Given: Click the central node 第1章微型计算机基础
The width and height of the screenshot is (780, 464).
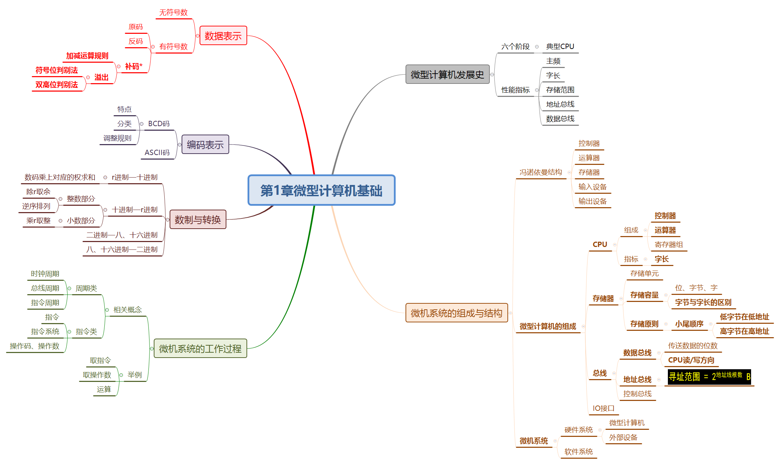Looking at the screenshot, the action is coord(321,190).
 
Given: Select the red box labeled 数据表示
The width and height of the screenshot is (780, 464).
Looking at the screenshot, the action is coord(223,36).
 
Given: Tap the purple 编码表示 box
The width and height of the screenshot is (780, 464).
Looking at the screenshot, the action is coord(205,144).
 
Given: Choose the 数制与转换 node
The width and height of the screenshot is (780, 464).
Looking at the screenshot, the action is coord(198,219).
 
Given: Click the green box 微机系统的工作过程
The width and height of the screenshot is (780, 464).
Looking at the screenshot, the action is coord(200,348).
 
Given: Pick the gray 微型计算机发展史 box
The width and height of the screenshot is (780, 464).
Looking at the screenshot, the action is coord(447,74).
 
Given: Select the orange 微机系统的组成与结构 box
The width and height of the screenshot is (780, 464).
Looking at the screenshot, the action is coord(456,313).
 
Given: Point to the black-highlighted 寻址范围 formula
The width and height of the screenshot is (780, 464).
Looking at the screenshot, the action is coord(709,377).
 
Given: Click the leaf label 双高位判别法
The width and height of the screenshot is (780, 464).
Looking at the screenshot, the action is coord(57,85).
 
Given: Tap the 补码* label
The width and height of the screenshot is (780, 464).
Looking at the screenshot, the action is coord(134,66).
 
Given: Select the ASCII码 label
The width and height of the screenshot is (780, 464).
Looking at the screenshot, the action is coord(157,152).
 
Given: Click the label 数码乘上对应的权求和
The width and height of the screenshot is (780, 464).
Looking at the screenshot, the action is coord(60,177).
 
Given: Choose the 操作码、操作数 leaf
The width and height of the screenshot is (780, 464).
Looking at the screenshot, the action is coord(35,346).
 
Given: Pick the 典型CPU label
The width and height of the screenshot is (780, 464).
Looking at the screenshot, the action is coord(560,47).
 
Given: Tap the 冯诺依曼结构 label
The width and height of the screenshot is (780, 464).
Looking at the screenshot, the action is coord(541,172).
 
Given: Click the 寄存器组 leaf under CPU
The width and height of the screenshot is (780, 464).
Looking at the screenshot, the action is coord(669,245).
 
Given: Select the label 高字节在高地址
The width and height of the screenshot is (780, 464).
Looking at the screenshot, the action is coord(744,331).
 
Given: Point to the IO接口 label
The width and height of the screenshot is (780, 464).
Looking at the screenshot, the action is coord(603,408).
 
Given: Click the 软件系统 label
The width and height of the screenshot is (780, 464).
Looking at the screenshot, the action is coord(578,452).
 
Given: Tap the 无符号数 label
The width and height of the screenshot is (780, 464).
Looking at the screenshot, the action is coord(173,13).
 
